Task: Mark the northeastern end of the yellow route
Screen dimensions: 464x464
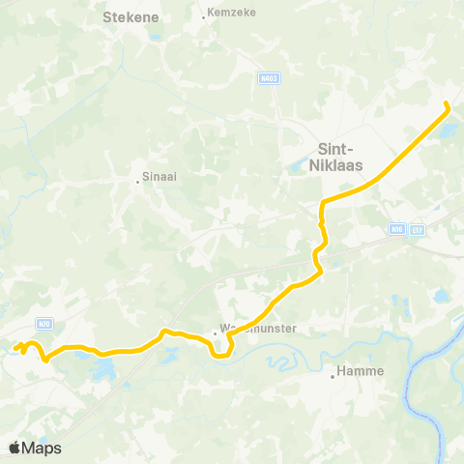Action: click(x=446, y=103)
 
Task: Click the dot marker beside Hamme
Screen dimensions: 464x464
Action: click(x=333, y=375)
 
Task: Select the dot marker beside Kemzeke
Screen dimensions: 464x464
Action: click(x=203, y=16)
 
